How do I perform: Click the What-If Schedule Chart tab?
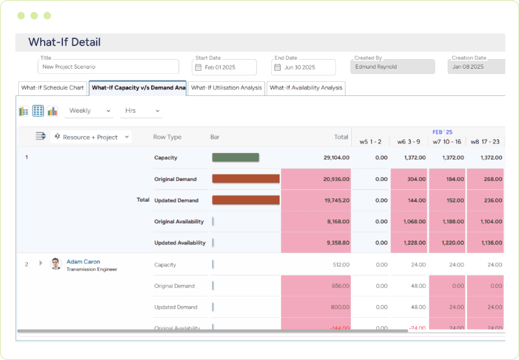point(53,88)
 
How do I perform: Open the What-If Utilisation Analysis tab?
point(226,88)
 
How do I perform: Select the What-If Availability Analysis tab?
point(306,88)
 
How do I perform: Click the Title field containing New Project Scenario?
point(108,67)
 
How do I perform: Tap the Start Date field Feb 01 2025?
point(224,67)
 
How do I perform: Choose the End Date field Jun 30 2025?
point(304,67)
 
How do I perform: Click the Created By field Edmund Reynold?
point(392,67)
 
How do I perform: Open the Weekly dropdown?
point(89,111)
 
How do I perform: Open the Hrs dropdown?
point(139,111)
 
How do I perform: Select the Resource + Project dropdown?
point(93,137)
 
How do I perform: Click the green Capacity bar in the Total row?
point(235,157)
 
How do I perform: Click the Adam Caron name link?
point(83,262)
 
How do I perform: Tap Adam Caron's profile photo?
point(56,264)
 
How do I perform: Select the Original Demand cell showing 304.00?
point(409,179)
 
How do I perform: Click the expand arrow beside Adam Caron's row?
point(41,263)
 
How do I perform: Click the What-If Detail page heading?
point(64,43)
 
